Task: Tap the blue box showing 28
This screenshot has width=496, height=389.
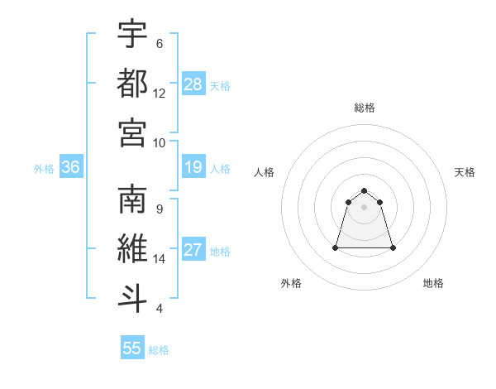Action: click(193, 84)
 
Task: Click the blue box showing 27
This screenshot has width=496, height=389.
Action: click(193, 251)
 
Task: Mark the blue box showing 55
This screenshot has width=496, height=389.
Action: click(132, 348)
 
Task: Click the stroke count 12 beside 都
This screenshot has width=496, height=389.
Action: click(160, 93)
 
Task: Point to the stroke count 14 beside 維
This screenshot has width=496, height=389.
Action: click(160, 259)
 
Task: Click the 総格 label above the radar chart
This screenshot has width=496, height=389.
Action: click(365, 108)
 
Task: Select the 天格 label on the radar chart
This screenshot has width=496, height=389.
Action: click(465, 172)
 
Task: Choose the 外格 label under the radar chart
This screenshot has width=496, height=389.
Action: click(291, 283)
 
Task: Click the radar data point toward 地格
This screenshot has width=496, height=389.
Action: click(392, 247)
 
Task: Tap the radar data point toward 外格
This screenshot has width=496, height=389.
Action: click(336, 247)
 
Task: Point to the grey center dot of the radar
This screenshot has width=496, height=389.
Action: click(365, 206)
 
